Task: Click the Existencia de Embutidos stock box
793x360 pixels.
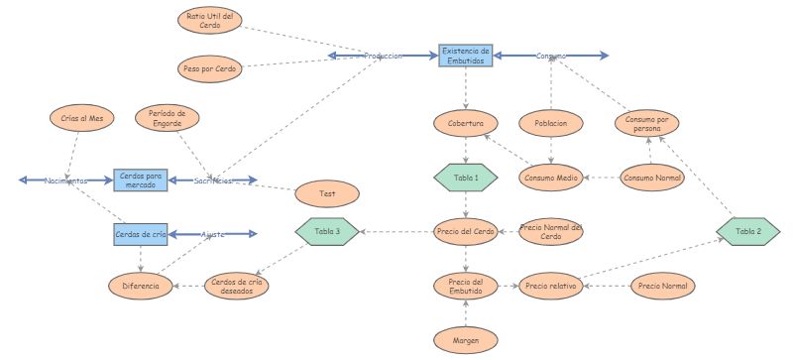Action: click(465, 56)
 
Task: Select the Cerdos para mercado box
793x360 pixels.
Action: click(139, 180)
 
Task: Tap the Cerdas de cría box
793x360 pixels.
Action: click(139, 235)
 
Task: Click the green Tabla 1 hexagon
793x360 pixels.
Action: click(465, 178)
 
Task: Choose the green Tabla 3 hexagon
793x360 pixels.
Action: click(327, 231)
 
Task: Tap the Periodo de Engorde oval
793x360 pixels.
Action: click(168, 118)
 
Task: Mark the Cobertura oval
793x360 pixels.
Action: click(465, 124)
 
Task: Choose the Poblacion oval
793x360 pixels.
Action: click(550, 124)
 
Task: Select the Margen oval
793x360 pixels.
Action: click(465, 339)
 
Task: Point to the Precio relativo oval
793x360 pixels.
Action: click(550, 287)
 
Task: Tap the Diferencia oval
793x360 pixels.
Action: click(139, 287)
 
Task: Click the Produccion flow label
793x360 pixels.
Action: click(383, 57)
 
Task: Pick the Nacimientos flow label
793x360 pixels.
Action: click(65, 180)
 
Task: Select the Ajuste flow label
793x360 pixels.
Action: click(213, 235)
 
